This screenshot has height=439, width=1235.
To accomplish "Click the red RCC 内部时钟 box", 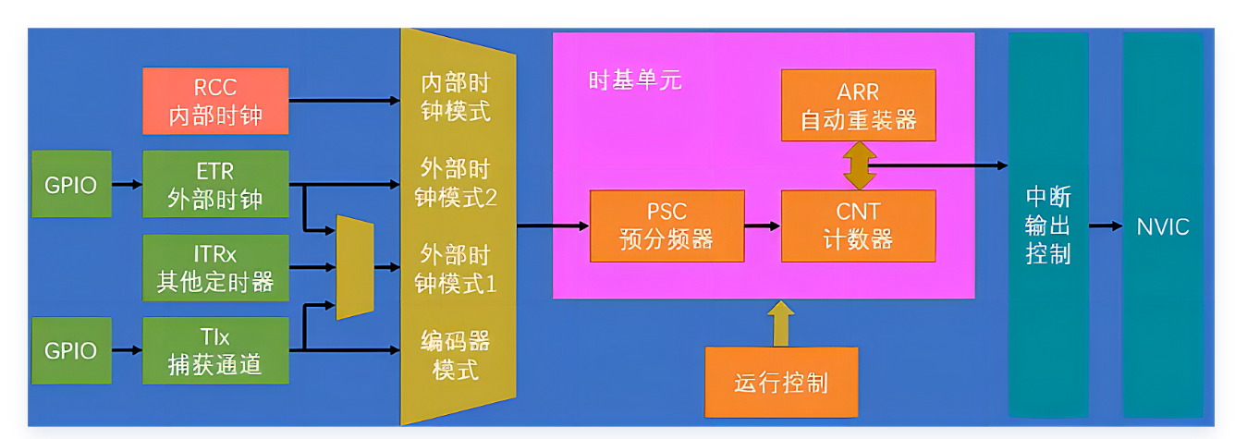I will pos(215,101).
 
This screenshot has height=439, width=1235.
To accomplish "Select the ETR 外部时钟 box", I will pos(215,185).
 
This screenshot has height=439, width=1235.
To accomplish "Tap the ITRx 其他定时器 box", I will pos(215,268).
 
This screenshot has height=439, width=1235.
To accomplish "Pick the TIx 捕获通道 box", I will pos(215,351).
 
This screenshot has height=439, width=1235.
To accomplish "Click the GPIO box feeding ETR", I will pos(70,185).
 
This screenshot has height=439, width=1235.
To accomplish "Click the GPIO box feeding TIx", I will pos(70,351).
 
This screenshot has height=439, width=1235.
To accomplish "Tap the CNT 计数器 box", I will pos(858,226).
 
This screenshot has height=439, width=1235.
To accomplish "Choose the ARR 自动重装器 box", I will pos(858,105).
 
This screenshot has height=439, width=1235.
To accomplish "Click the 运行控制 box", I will pos(781,382).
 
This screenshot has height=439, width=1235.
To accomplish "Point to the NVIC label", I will pos(1163,226).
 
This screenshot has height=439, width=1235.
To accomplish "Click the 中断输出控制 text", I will pos(1048,226).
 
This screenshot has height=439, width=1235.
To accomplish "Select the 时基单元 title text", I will pos(635,80).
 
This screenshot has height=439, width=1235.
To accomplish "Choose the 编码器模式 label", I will pos(455,355).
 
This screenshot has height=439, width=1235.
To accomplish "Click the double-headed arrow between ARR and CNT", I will pos(858,165).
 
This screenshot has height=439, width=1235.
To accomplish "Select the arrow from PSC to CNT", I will pos(763,226).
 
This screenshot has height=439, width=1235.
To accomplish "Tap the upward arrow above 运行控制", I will pos(781,323).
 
